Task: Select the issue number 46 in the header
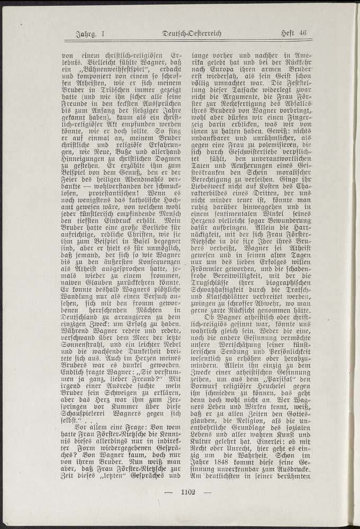pyautogui.click(x=302, y=34)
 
